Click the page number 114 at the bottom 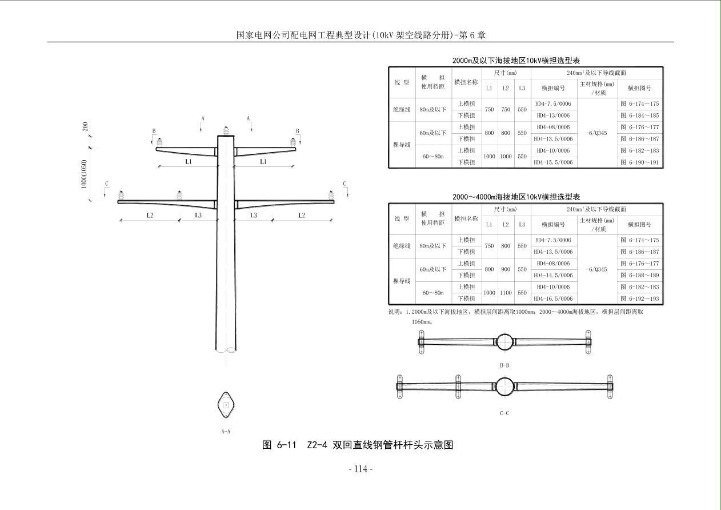(360, 469)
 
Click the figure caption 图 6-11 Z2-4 (357, 445)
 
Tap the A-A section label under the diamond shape (226, 432)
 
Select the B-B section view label (504, 365)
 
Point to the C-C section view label (504, 413)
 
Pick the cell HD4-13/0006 (553, 115)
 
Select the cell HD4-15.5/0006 (553, 162)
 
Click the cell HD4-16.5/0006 (553, 298)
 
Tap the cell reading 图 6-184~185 (639, 115)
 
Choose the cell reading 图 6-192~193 (639, 298)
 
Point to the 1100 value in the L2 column (506, 293)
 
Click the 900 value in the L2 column (506, 269)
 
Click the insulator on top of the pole (226, 130)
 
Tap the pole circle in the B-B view (504, 342)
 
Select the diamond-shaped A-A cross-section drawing (226, 405)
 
